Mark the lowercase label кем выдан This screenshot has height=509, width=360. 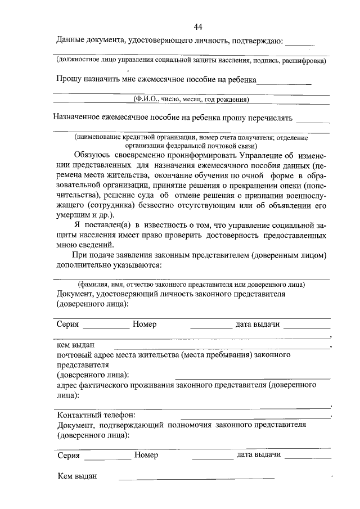pyautogui.click(x=75, y=345)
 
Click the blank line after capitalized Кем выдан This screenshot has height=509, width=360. pyautogui.click(x=197, y=479)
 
